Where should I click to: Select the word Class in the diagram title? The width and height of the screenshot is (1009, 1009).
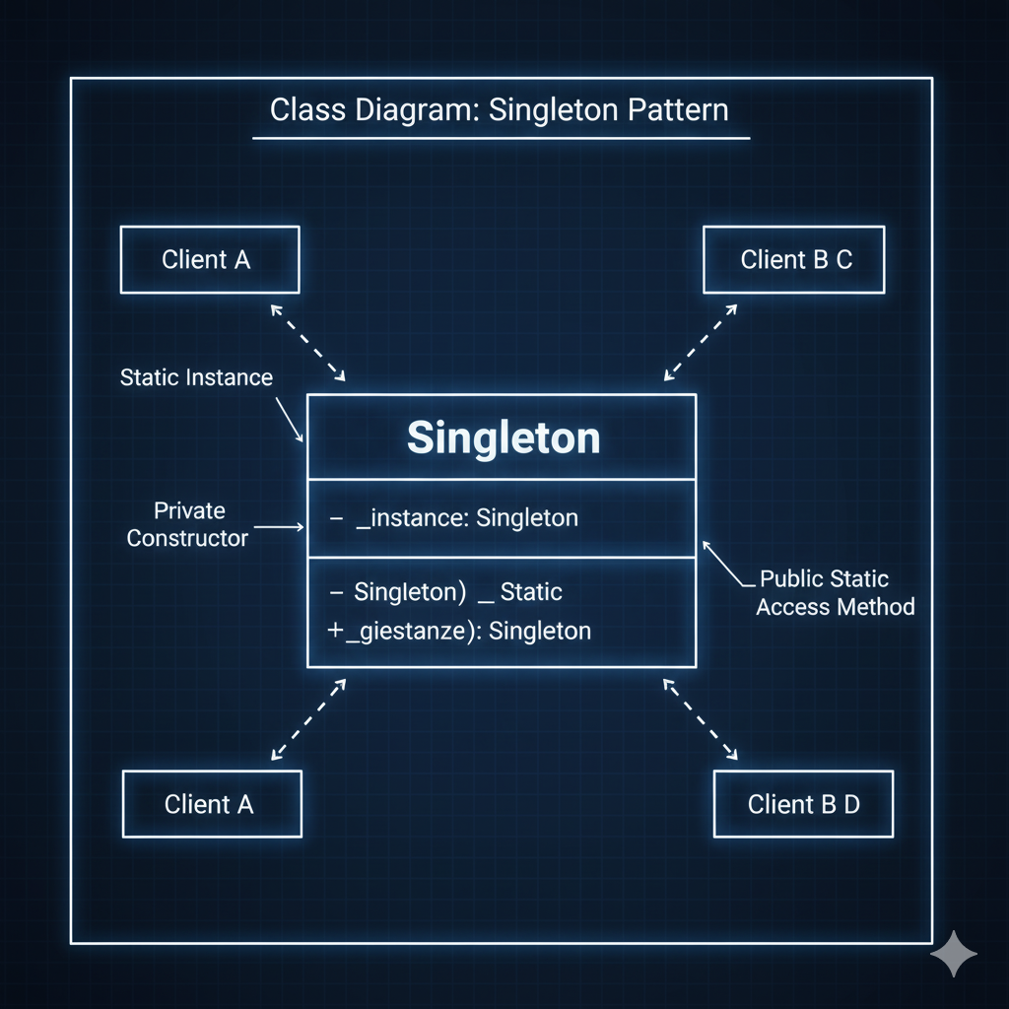coord(302,109)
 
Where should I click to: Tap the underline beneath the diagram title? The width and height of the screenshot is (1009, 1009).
coord(501,138)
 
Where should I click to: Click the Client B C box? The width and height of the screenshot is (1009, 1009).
coord(793,260)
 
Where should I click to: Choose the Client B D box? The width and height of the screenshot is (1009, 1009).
coord(802,804)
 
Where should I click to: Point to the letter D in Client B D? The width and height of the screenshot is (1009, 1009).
coord(850,804)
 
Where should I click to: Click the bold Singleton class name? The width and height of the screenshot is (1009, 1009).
coord(503,438)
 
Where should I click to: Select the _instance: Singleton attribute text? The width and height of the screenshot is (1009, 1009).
coord(466,518)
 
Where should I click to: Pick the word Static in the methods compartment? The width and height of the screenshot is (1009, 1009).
coord(531,592)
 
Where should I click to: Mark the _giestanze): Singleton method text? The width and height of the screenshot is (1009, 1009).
coord(467,631)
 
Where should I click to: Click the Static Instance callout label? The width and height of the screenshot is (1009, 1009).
coord(196,376)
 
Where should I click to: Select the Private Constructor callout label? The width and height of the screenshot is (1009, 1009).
coord(187,524)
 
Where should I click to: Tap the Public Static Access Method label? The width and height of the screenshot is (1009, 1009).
coord(835,592)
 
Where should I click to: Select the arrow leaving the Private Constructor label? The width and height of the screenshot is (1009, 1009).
coord(280,528)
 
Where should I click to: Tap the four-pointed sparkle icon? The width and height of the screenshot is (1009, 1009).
coord(954,954)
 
